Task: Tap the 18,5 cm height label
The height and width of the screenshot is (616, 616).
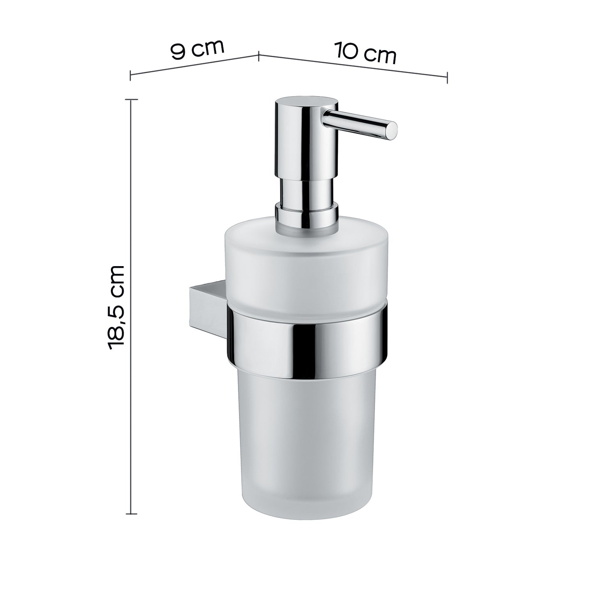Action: click(x=116, y=307)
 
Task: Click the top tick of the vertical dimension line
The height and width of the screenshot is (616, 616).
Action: click(x=131, y=99)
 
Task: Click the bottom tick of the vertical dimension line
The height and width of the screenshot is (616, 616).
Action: click(x=131, y=514)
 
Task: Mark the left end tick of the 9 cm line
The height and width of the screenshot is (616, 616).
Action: click(x=130, y=76)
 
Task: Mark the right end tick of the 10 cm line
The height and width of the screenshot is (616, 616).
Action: click(x=447, y=77)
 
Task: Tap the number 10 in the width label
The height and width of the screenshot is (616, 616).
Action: click(x=346, y=50)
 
